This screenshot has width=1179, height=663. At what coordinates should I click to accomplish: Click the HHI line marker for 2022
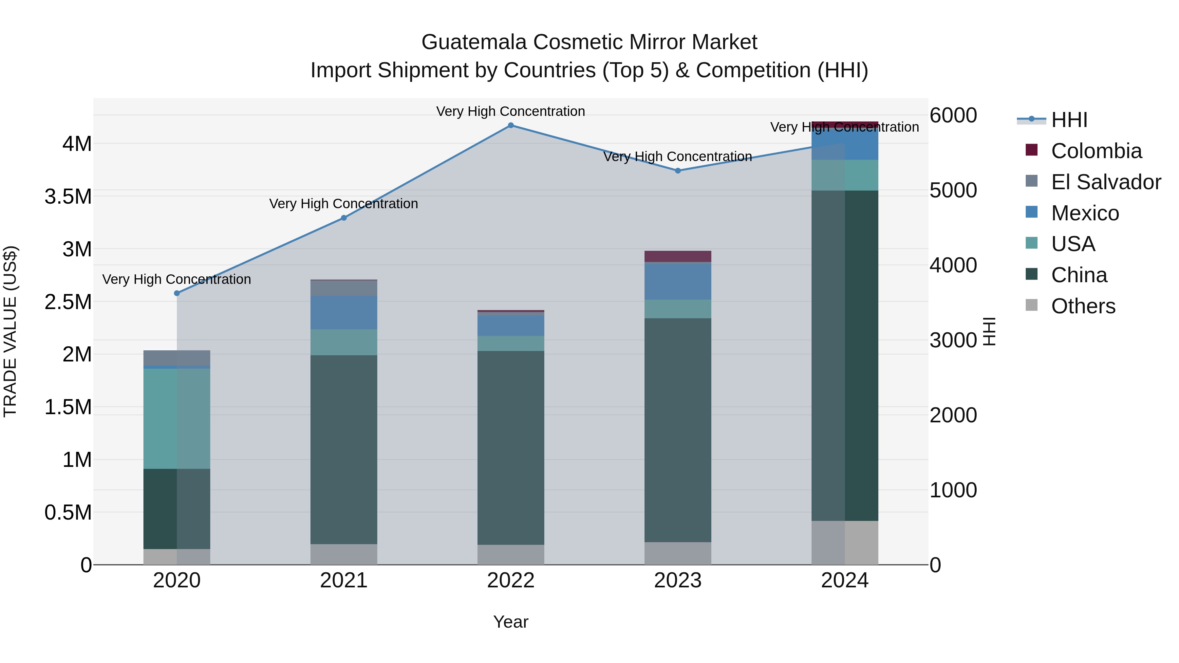tap(511, 125)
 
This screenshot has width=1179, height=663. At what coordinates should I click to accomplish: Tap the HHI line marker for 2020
tap(177, 293)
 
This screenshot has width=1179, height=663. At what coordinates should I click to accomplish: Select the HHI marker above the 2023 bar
tap(678, 171)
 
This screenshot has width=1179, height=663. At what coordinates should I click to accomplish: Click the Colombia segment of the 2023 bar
tap(678, 256)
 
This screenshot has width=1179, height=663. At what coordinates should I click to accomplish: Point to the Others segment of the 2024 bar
tap(845, 543)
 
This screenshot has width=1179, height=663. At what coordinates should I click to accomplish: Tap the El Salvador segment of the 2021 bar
tap(344, 288)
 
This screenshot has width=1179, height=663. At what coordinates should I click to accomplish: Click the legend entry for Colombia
tap(1096, 151)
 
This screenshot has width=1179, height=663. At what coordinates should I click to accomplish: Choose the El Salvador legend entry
tap(1106, 182)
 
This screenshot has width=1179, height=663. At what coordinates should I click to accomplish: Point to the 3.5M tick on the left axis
tap(68, 197)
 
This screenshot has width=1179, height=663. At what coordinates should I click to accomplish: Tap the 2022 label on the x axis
tap(511, 580)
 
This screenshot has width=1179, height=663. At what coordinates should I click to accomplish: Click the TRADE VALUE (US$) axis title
tap(10, 331)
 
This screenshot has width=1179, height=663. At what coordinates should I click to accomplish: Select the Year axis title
tap(511, 622)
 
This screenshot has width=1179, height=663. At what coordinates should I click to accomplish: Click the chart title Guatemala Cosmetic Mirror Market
tap(589, 42)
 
